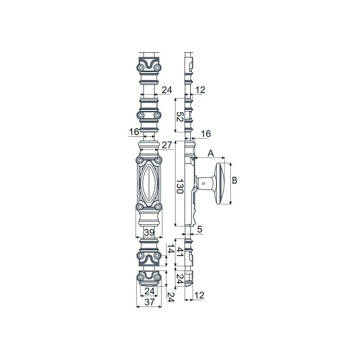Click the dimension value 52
[x=180, y=117]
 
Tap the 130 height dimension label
[x=180, y=186]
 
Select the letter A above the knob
[x=211, y=153]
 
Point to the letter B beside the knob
[x=234, y=180]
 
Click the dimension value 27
[x=167, y=145]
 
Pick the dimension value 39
[x=149, y=232]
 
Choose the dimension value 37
[x=149, y=302]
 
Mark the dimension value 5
[x=200, y=229]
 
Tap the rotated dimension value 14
[x=171, y=248]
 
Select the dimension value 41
[x=180, y=252]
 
